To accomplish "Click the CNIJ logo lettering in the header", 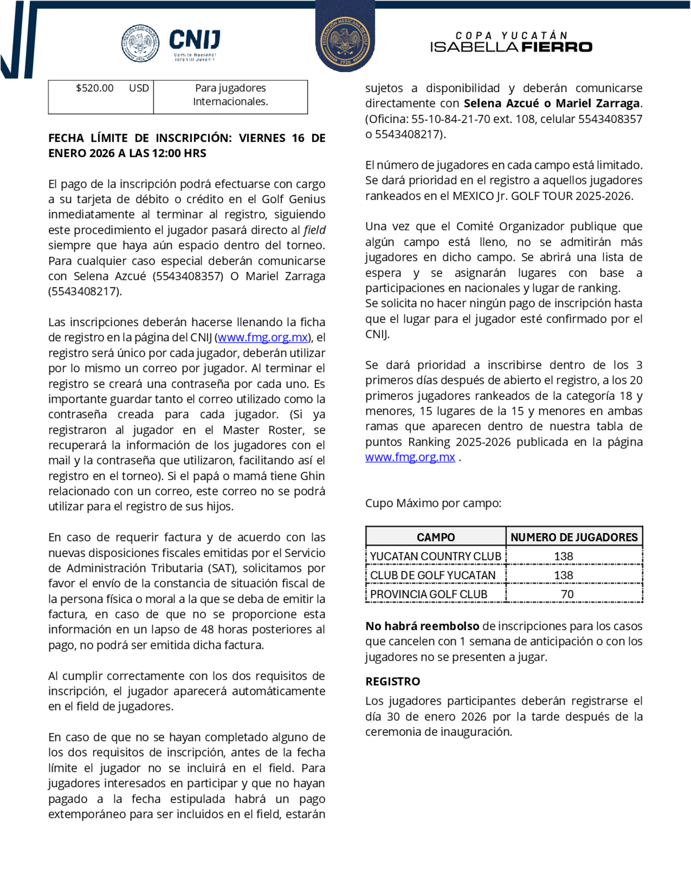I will pos(195,40).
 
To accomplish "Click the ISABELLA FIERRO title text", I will pos(511,47).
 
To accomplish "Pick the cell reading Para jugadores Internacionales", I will pos(230,95).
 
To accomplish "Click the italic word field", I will pos(314,230).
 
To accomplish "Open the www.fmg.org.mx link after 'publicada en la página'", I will pos(410,457).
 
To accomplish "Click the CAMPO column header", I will pos(436,537).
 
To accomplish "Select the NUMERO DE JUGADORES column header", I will pos(574,537).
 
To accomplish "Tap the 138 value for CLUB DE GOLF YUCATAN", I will pos(563,575).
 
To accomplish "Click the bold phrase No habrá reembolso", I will pos(422,626).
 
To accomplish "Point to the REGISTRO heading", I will pos(392,681).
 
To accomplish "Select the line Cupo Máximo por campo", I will pos(433,503).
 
